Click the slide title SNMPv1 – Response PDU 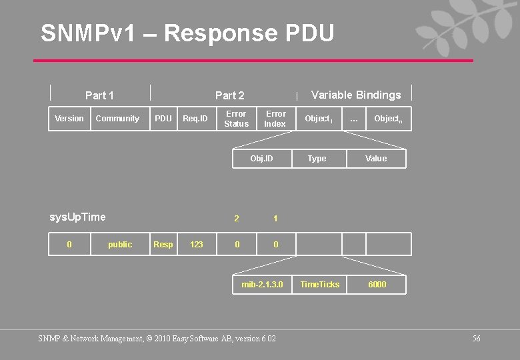click(x=187, y=33)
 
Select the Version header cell click(x=69, y=119)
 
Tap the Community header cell click(x=117, y=119)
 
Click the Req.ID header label click(x=195, y=119)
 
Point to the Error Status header click(x=236, y=119)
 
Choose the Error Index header click(x=275, y=119)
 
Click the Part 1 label click(x=99, y=95)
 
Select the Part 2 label click(x=230, y=95)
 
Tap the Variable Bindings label click(x=356, y=95)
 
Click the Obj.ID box click(x=261, y=159)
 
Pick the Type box click(x=317, y=159)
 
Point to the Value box click(x=376, y=159)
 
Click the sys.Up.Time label click(x=77, y=217)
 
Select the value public click(x=120, y=245)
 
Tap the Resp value click(x=163, y=245)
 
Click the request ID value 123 click(x=197, y=245)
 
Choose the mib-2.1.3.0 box click(x=262, y=285)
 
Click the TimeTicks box click(x=320, y=285)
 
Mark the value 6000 click(x=377, y=285)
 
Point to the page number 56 click(x=476, y=339)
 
